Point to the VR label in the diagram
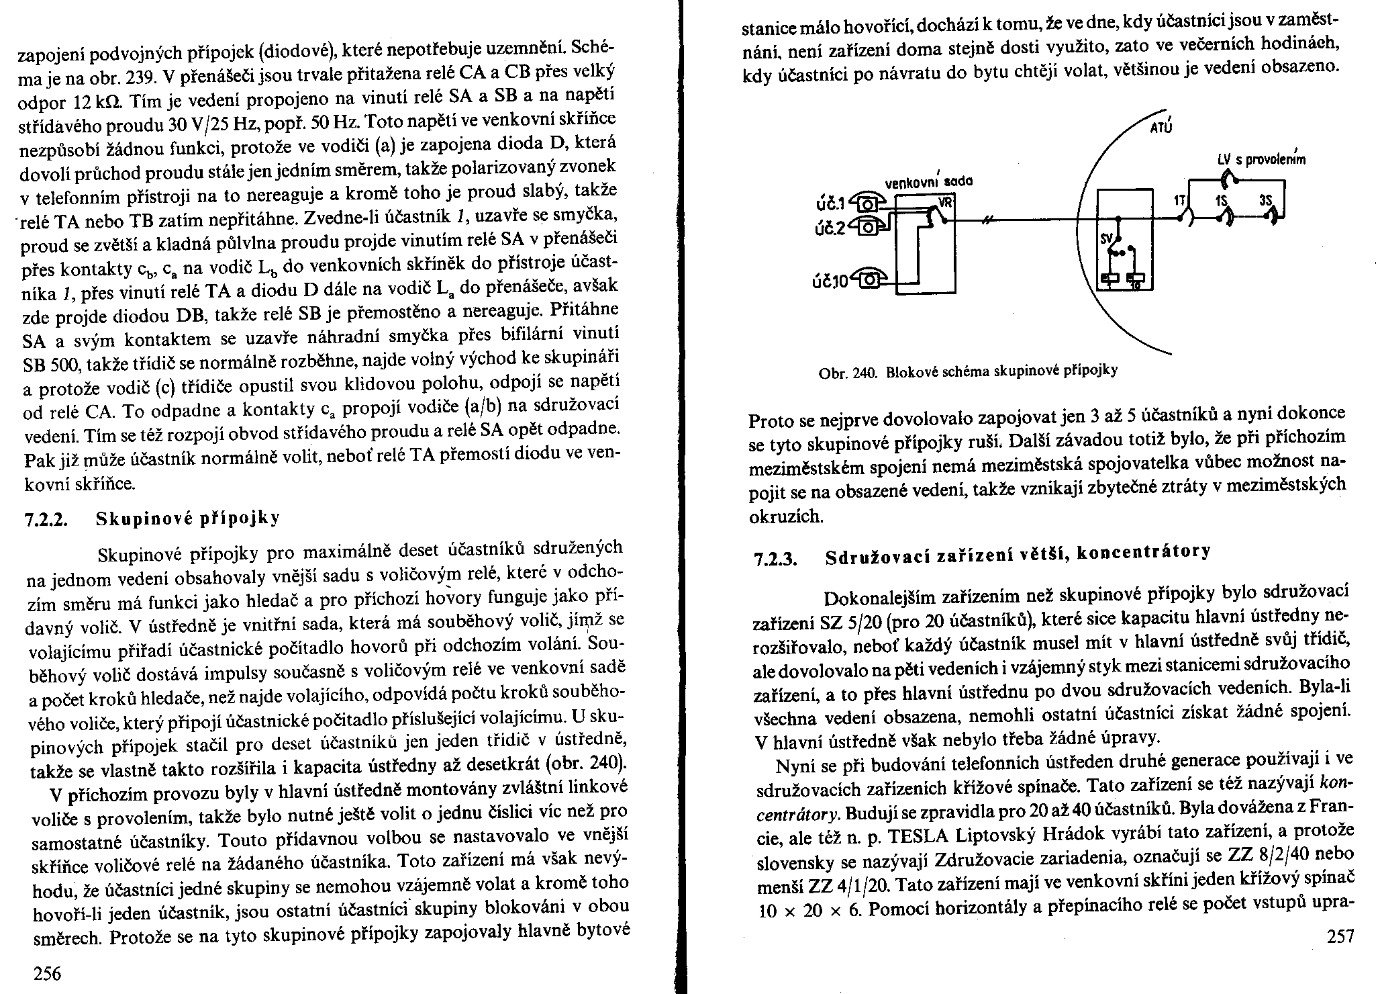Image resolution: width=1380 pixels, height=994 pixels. [x=946, y=201]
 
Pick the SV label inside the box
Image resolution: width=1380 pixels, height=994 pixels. [x=1107, y=238]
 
